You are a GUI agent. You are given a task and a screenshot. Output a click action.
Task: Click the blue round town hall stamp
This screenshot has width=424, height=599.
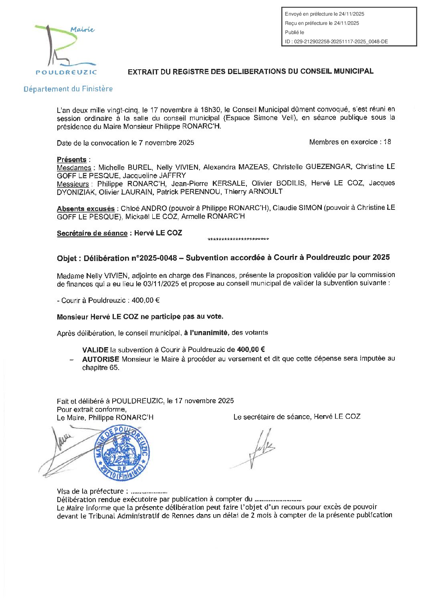122,452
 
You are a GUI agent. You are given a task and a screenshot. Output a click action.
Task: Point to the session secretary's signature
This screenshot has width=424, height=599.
258,448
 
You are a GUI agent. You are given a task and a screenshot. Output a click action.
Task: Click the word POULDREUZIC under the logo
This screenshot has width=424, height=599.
66,72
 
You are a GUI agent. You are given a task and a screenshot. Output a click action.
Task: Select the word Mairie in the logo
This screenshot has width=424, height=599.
82,29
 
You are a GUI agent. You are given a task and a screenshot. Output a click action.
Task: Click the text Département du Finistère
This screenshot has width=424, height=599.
68,89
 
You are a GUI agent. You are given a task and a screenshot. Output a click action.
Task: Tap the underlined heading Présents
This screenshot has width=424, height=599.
72,159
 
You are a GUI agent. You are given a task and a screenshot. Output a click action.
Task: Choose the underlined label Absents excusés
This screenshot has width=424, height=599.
86,209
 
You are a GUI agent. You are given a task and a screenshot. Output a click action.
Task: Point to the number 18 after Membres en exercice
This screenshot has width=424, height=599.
387,142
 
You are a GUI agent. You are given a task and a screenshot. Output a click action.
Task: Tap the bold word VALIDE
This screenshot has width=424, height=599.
95,350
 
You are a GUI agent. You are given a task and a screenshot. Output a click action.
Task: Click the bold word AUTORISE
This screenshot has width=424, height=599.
101,359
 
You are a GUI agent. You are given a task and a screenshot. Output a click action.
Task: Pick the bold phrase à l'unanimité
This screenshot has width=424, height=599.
206,333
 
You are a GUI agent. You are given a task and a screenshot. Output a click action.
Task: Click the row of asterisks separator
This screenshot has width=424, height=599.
238,240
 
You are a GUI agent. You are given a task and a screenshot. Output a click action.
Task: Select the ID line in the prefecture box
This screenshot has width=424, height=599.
336,41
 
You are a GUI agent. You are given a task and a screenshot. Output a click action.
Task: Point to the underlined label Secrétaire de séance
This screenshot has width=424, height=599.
92,233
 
